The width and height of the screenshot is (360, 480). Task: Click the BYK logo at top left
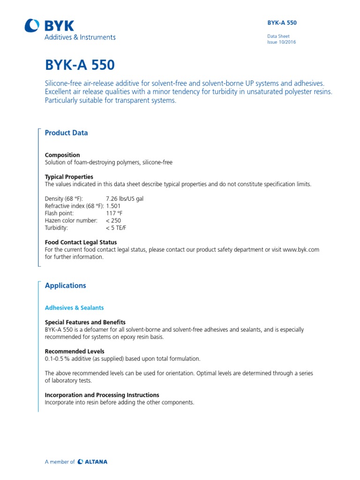[49, 26]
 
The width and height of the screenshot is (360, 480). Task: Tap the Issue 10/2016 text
[281, 42]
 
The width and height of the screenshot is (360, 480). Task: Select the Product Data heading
[66, 133]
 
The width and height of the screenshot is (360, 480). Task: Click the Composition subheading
[62, 155]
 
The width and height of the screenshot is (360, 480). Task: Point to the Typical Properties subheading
[68, 177]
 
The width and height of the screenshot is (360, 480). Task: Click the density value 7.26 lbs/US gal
[125, 199]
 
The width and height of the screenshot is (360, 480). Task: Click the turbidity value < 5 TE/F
[116, 228]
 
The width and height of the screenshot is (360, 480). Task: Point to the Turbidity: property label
[56, 228]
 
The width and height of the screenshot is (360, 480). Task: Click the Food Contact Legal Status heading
[81, 242]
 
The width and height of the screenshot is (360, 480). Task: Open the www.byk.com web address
[301, 250]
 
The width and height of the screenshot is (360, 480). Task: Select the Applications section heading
[65, 285]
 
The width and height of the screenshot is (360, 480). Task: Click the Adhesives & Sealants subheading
[74, 308]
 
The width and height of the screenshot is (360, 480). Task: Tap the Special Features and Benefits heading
[85, 322]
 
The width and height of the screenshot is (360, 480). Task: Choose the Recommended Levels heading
[75, 352]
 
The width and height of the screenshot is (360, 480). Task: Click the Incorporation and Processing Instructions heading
[102, 395]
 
